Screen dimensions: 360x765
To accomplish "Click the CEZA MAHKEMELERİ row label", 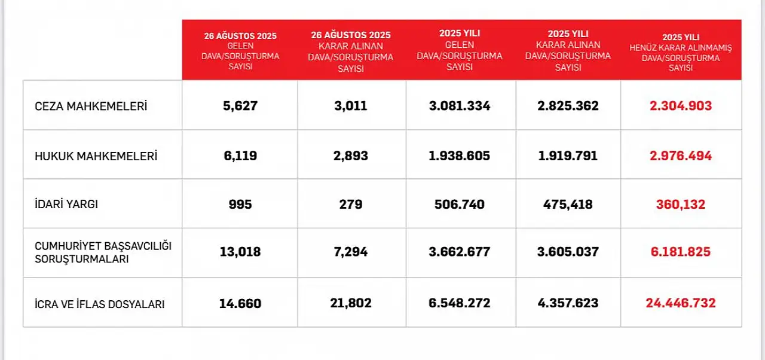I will point(91,106).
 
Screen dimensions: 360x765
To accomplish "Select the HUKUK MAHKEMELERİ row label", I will point(96,156).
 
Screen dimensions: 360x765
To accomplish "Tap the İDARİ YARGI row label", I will point(66,205).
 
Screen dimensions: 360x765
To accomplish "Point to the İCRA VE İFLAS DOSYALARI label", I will point(100,304).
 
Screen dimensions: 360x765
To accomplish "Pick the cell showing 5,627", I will point(240,106).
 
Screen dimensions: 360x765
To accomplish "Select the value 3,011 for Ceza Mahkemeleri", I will point(351,106).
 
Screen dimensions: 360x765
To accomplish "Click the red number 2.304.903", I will point(681,106).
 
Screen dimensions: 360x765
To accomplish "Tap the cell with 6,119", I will point(240,156).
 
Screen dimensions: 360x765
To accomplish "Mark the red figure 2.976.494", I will point(681,156).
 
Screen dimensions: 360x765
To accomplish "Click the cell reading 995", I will point(240,205).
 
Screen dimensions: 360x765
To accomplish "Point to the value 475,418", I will point(568,205).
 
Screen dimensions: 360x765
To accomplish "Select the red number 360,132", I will point(681,205).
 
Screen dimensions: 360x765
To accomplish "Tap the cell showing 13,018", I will point(240,252).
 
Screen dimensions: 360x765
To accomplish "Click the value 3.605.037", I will point(568,252).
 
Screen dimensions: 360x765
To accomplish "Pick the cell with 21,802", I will point(351,303).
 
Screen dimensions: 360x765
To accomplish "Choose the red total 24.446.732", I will point(681,303).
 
